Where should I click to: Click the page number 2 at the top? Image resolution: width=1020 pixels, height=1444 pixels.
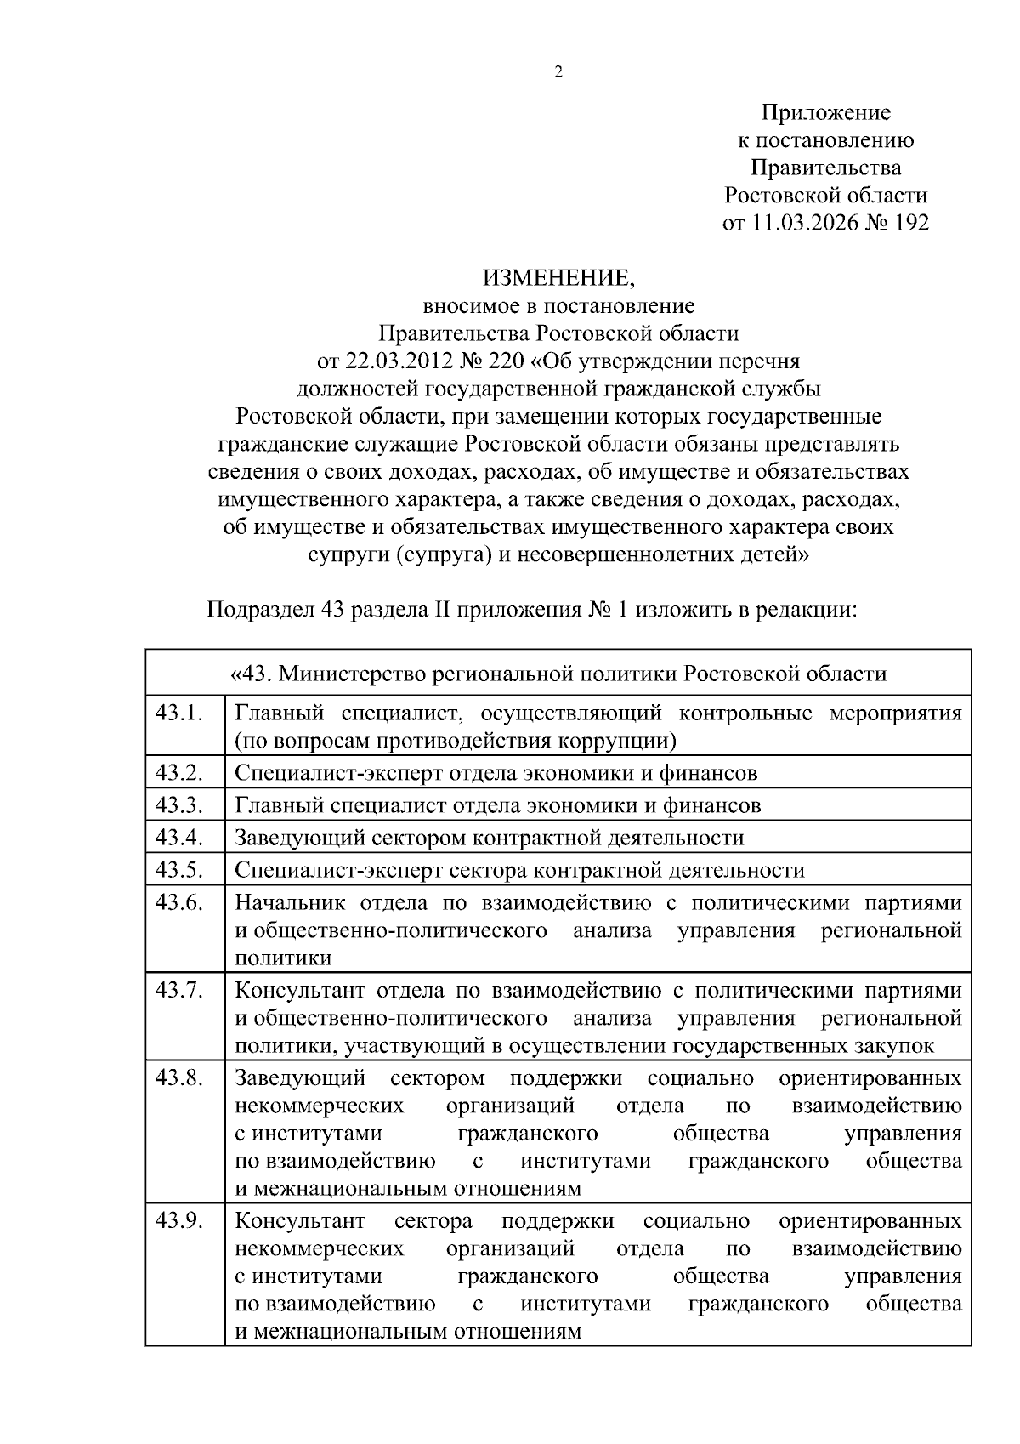pyautogui.click(x=558, y=72)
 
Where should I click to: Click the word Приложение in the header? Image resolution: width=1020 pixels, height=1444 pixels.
pyautogui.click(x=825, y=112)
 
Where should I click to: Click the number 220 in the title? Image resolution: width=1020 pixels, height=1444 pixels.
pyautogui.click(x=504, y=361)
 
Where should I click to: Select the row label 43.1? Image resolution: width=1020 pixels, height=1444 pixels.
pyautogui.click(x=179, y=713)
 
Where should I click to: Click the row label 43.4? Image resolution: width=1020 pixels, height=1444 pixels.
pyautogui.click(x=179, y=837)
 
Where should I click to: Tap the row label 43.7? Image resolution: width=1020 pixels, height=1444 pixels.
pyautogui.click(x=179, y=990)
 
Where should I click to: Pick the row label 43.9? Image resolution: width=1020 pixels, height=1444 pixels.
pyautogui.click(x=179, y=1221)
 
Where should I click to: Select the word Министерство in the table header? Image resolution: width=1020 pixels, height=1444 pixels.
pyautogui.click(x=353, y=674)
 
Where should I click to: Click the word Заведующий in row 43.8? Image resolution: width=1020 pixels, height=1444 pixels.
pyautogui.click(x=300, y=1078)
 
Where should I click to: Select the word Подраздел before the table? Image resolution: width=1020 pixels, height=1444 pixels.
pyautogui.click(x=259, y=610)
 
